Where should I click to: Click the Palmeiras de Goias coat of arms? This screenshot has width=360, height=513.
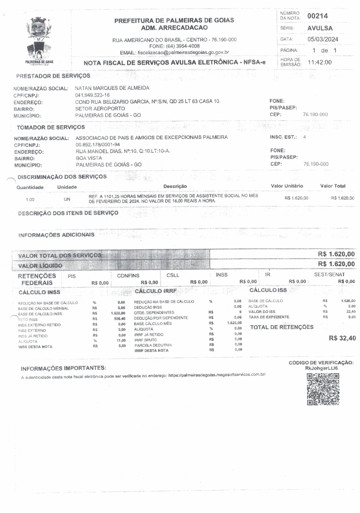[x=39, y=39]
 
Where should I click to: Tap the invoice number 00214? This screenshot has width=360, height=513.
[x=317, y=16]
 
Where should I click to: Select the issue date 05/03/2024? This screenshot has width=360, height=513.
[x=323, y=39]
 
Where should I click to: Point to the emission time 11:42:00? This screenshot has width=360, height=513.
[x=320, y=62]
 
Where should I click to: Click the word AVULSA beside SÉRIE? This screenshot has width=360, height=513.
[x=320, y=28]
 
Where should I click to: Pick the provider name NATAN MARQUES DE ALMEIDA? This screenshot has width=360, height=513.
[x=112, y=88]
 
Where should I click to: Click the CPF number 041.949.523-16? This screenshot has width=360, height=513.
[x=92, y=95]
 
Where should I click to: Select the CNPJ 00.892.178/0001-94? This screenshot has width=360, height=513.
[x=98, y=145]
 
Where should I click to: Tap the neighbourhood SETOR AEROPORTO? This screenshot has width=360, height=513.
[x=100, y=108]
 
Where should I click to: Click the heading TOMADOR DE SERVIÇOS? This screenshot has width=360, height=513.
[x=51, y=128]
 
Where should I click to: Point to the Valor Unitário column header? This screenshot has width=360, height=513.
[x=287, y=186]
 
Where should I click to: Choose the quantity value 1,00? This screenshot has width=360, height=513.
[x=30, y=199]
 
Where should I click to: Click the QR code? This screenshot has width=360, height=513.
[x=323, y=389]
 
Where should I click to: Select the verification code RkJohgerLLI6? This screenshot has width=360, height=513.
[x=321, y=368]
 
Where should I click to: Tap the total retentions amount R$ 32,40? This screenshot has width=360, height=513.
[x=342, y=338]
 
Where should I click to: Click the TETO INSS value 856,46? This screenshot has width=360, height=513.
[x=120, y=319]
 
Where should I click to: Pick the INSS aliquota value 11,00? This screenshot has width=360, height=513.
[x=121, y=340]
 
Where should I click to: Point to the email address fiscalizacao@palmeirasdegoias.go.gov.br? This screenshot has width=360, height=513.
[x=183, y=52]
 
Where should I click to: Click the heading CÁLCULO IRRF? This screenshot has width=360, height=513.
[x=156, y=291]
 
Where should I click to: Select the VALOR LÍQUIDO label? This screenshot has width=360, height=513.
[x=40, y=266]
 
